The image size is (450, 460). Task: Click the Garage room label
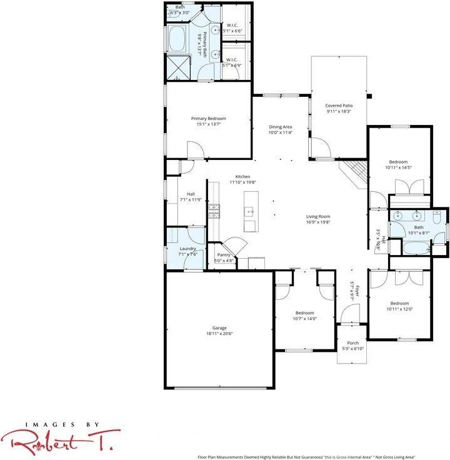(x=219, y=328)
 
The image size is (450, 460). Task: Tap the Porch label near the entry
(x=352, y=342)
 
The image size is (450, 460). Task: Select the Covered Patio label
(x=338, y=106)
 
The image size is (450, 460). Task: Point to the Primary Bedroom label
(x=208, y=118)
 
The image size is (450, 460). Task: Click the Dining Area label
(x=280, y=126)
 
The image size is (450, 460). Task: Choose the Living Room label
(x=317, y=216)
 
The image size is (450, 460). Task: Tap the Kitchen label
(x=242, y=176)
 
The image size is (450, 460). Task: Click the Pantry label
(x=223, y=255)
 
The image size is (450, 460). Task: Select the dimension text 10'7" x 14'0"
(x=305, y=319)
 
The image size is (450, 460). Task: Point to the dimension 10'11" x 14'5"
(x=398, y=167)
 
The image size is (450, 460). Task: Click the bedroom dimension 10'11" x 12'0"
(x=399, y=309)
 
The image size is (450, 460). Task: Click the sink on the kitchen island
(x=250, y=212)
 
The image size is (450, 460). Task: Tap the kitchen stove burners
(x=214, y=209)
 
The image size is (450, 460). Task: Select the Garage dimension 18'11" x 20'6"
(x=219, y=334)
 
